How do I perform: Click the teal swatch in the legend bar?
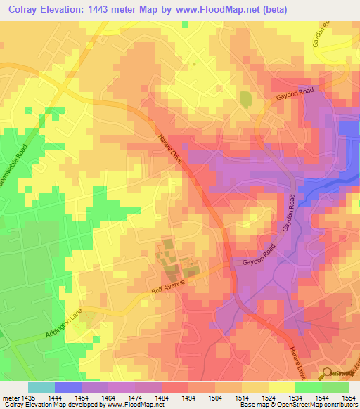pyautogui.click(x=41, y=387)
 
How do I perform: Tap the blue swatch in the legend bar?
pyautogui.click(x=67, y=387)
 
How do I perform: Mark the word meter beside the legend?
pyautogui.click(x=10, y=397)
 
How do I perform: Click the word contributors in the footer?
pyautogui.click(x=337, y=405)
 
